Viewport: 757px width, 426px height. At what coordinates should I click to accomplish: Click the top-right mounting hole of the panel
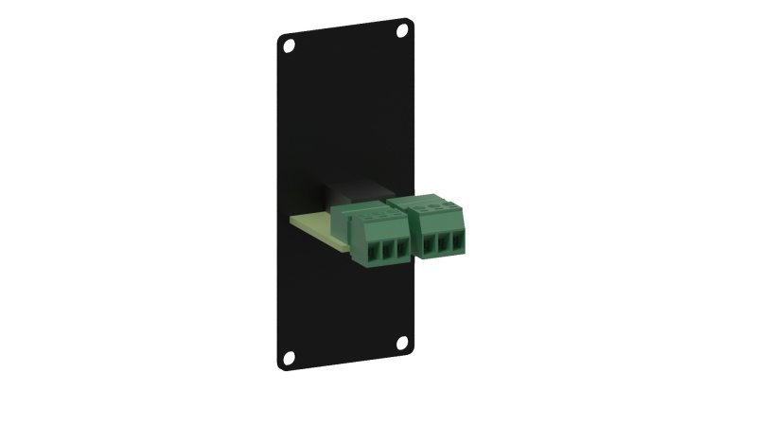[x=402, y=30]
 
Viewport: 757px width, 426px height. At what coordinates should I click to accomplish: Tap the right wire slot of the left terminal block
[x=402, y=249]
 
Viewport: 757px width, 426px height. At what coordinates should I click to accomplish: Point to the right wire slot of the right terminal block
[x=457, y=242]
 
